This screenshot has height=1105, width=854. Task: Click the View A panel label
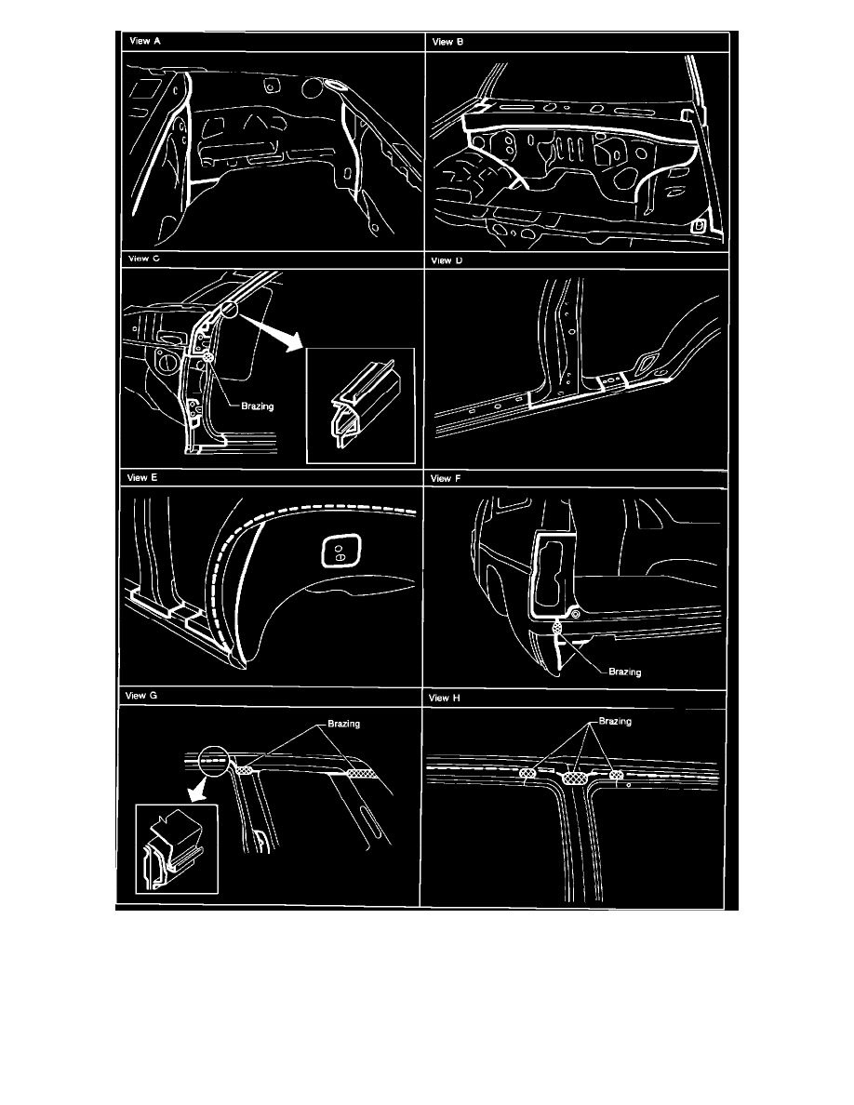[145, 41]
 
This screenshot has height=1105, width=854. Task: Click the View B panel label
[448, 42]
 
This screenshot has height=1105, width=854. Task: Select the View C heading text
[144, 259]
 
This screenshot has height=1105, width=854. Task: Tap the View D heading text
[447, 260]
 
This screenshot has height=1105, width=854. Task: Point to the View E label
[142, 478]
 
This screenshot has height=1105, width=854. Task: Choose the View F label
[446, 478]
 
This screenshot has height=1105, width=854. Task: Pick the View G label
[140, 696]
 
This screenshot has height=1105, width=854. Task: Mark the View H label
[444, 698]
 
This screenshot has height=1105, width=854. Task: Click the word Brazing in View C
[257, 406]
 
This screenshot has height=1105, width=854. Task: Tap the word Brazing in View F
[625, 672]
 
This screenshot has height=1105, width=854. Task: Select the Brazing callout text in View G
[344, 724]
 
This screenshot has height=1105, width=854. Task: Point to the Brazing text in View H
[615, 722]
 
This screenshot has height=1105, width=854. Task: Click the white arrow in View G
[197, 792]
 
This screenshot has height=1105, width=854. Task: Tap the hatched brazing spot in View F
[558, 626]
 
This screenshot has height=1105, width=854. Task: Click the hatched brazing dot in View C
[207, 358]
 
